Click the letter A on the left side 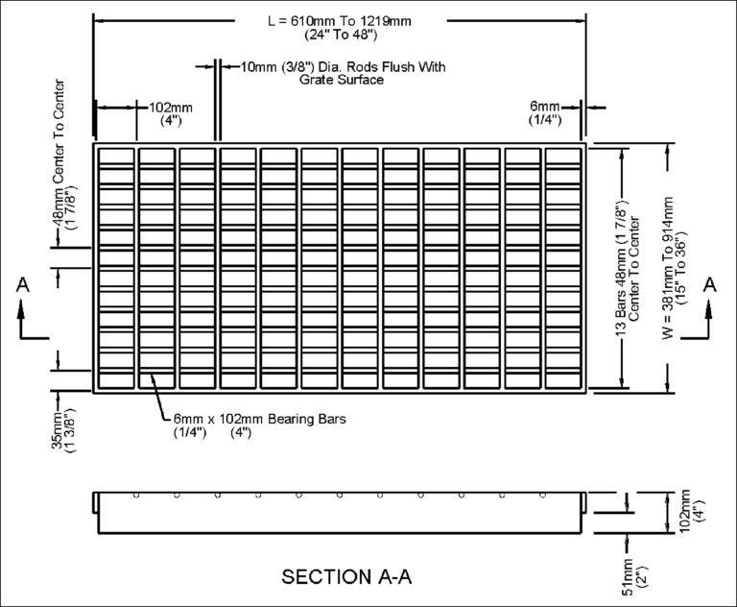25,284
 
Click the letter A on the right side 710,284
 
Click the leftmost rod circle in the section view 137,496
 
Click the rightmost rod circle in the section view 543,496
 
